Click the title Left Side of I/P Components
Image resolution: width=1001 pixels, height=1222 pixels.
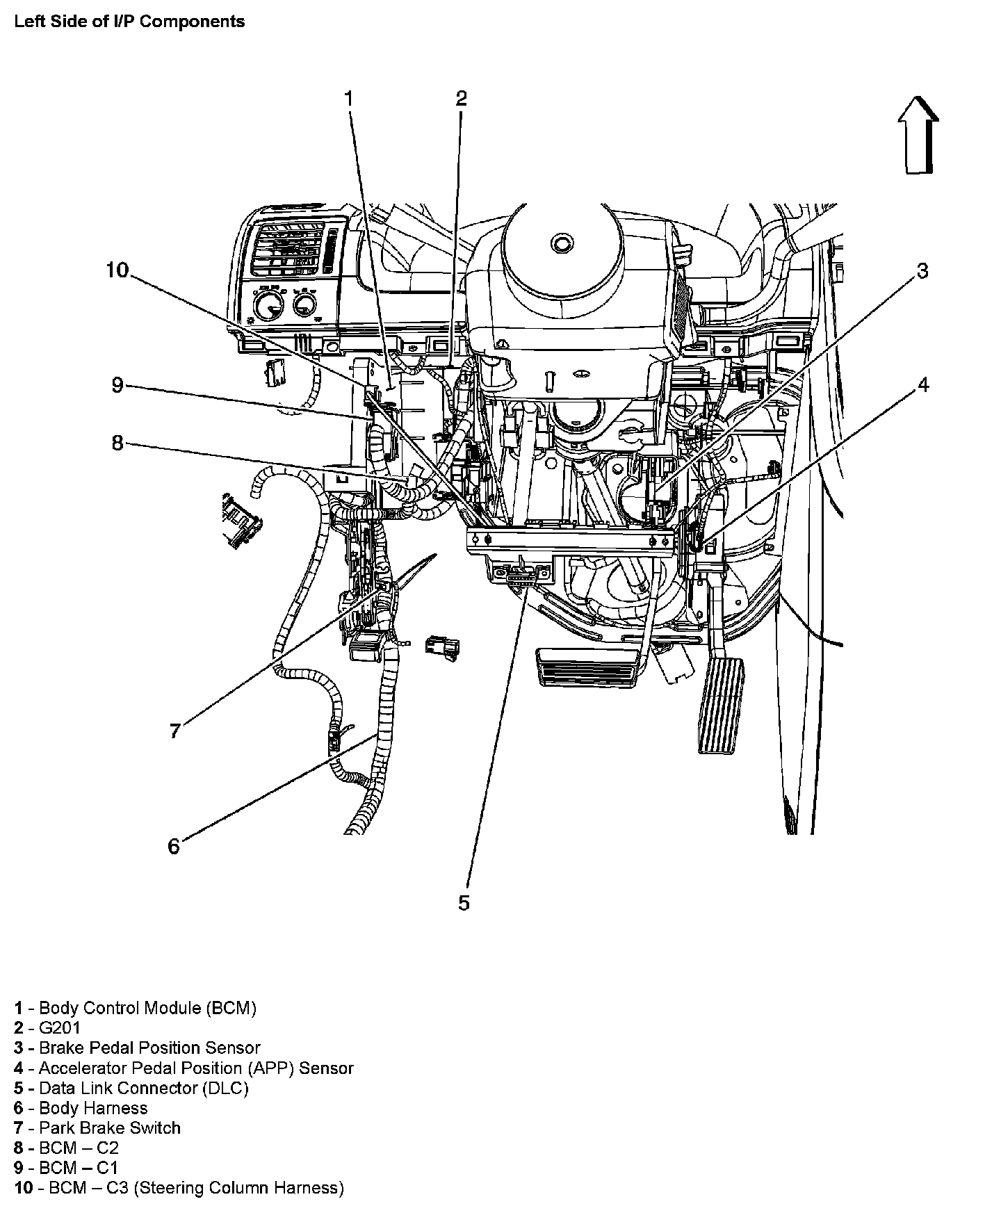coord(129,22)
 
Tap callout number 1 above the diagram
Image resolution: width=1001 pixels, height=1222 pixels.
coord(349,99)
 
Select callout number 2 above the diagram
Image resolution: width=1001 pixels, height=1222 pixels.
coord(461,99)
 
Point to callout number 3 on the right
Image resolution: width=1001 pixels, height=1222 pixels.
coord(922,271)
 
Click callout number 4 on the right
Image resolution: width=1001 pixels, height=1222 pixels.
coord(922,384)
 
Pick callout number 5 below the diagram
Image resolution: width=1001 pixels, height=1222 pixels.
coord(464,902)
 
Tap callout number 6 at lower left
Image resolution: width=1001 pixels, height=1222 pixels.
coord(174,846)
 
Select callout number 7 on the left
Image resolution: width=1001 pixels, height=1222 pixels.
coord(175,731)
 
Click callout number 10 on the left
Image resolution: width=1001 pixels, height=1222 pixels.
coord(117,270)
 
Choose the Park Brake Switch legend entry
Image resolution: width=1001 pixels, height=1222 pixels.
coord(97,1127)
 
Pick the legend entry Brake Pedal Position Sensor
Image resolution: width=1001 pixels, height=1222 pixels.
coord(137,1048)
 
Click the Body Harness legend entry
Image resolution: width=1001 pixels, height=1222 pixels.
coord(81,1108)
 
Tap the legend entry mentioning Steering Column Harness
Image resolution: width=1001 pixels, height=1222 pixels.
coord(179,1188)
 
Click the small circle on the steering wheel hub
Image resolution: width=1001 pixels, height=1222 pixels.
coord(561,243)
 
